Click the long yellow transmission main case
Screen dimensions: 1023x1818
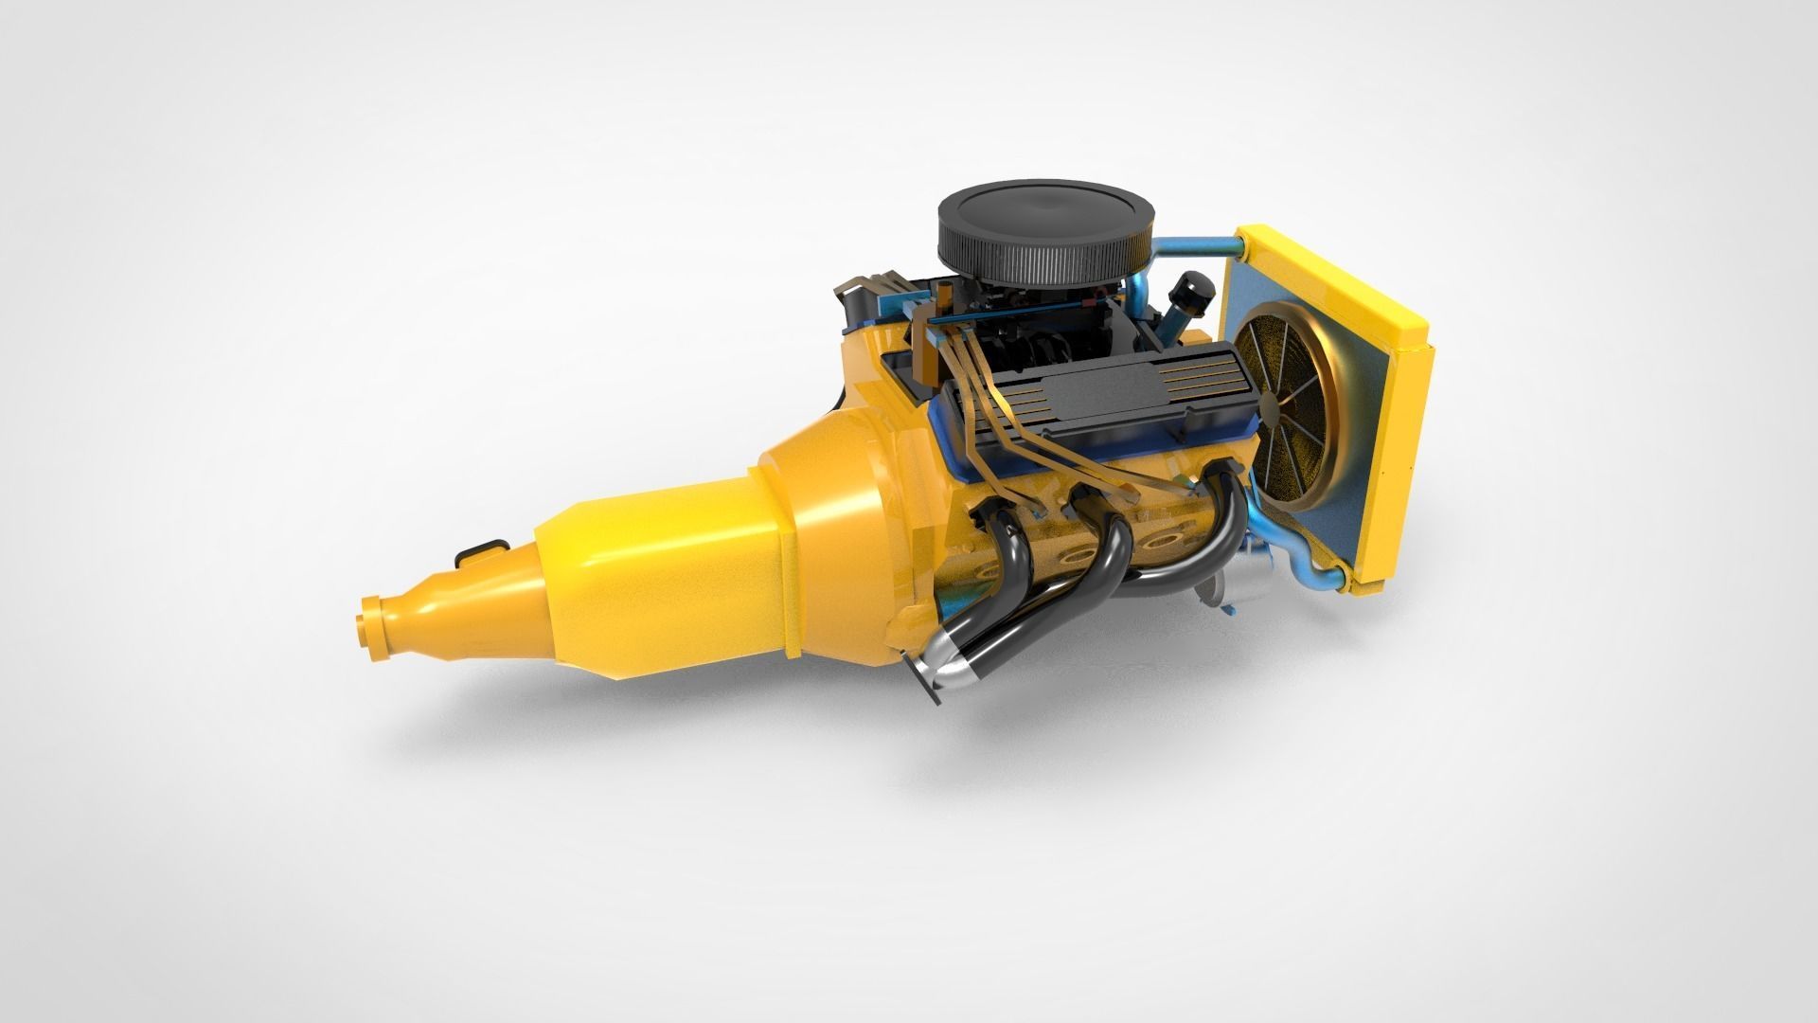tap(663, 578)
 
